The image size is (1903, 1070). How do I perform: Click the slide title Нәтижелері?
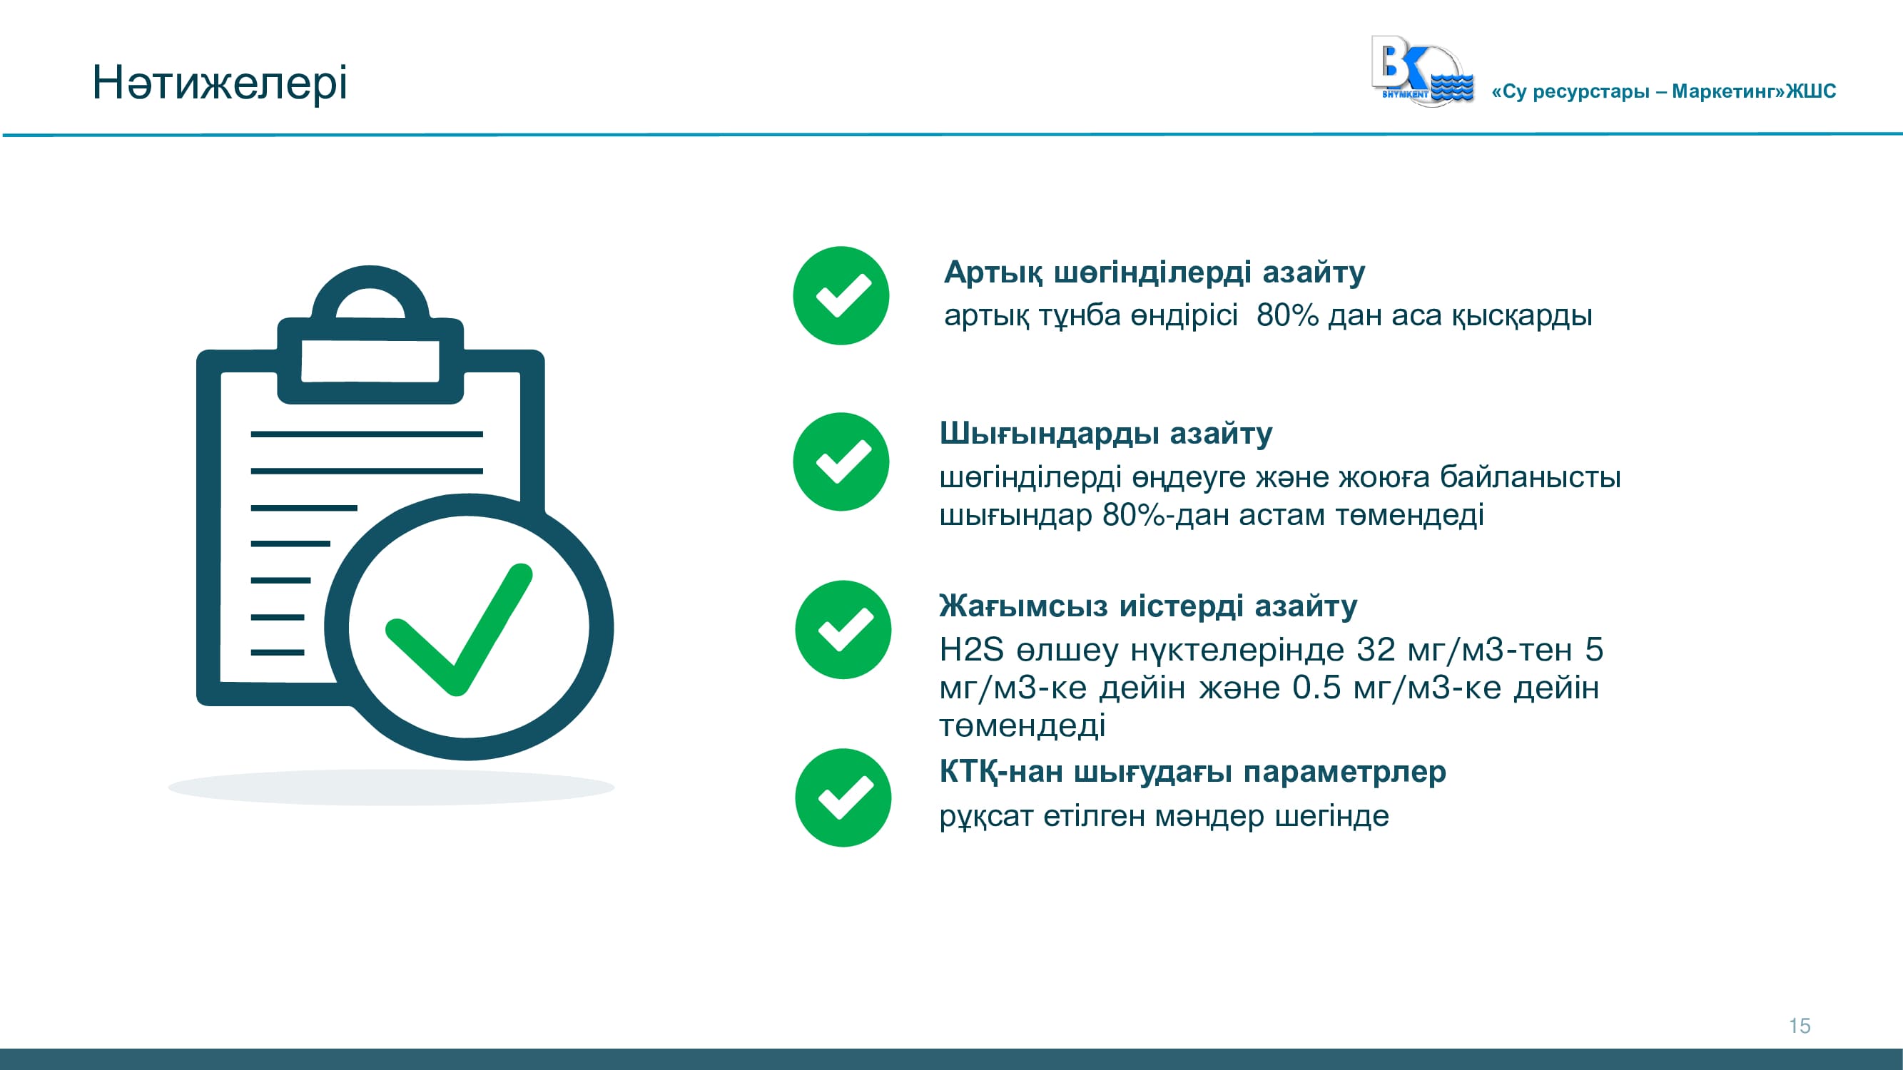219,82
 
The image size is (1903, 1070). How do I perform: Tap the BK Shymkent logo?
1422,71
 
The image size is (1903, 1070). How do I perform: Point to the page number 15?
1800,1026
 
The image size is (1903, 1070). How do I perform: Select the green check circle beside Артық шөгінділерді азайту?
841,295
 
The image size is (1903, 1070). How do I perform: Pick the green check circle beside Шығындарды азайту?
841,462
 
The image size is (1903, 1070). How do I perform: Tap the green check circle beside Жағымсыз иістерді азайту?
843,630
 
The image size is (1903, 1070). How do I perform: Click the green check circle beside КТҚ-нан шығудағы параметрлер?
843,798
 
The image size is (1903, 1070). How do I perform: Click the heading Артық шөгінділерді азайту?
1155,272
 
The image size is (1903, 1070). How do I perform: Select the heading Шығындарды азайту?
1106,434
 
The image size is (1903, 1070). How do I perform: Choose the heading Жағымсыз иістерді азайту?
1148,606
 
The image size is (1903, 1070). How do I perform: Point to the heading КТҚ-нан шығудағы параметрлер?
1192,773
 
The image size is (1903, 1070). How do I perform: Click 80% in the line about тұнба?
1287,315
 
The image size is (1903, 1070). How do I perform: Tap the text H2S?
971,650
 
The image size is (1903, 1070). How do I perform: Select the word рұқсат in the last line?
986,817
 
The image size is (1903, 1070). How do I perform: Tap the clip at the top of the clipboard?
370,335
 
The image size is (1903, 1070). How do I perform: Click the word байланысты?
1530,478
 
